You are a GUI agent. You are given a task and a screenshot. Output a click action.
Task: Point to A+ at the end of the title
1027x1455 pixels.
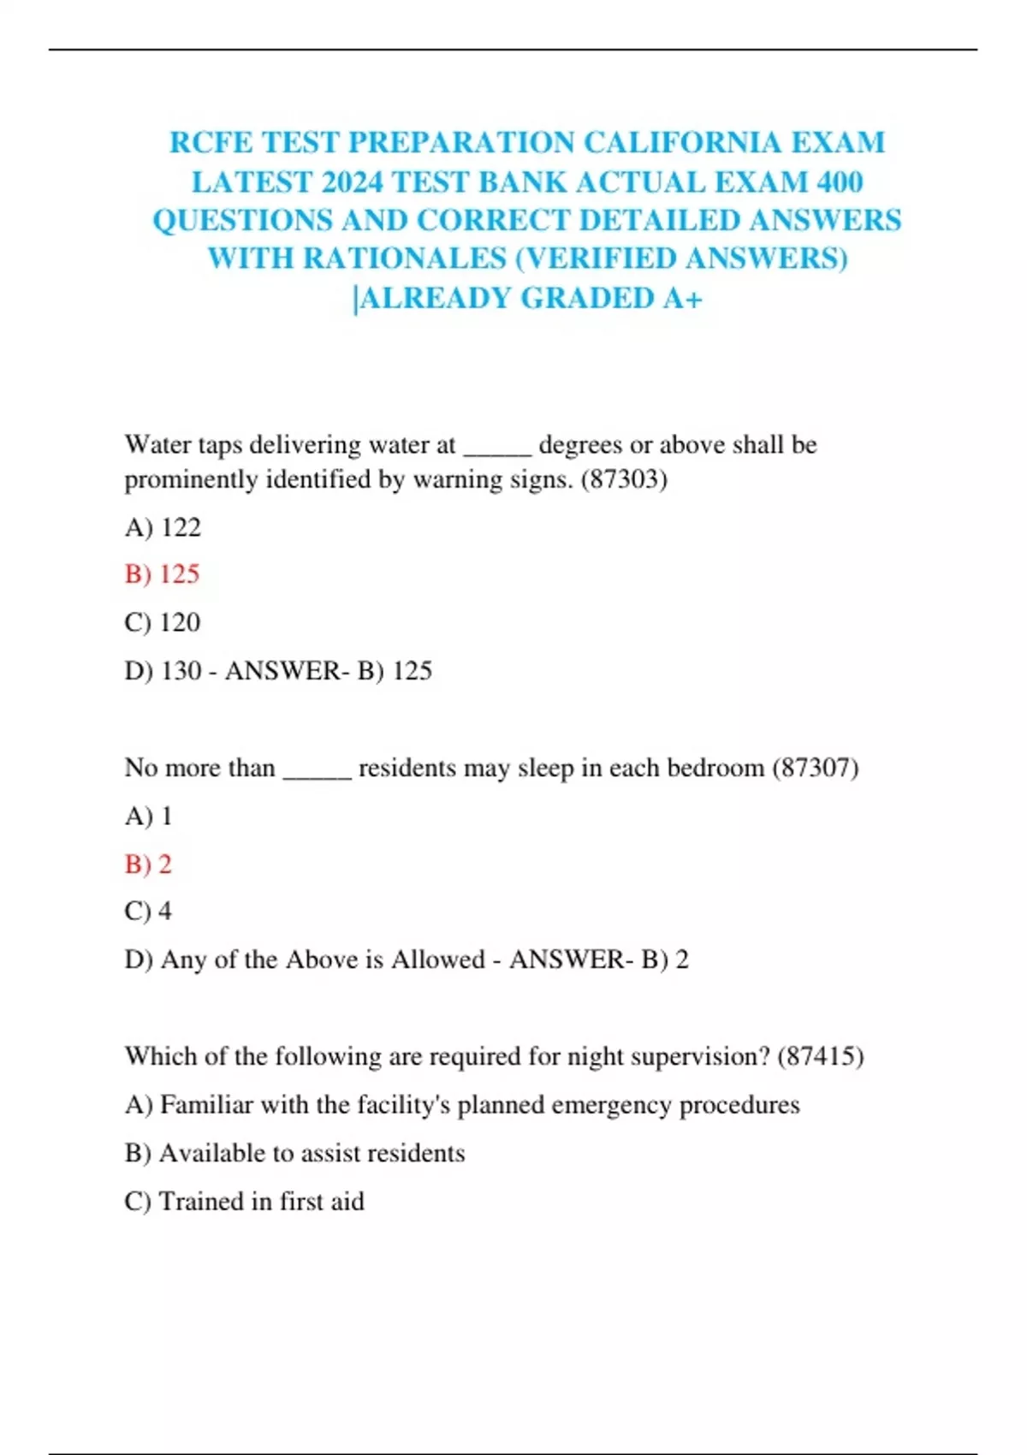pyautogui.click(x=682, y=298)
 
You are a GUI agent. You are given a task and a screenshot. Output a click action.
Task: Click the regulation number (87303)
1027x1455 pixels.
pyautogui.click(x=624, y=479)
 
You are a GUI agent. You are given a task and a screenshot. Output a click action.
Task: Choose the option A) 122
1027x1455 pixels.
pyautogui.click(x=163, y=527)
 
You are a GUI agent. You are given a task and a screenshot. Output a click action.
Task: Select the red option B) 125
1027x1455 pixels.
pyautogui.click(x=162, y=574)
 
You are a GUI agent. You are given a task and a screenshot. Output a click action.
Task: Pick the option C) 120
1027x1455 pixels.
pyautogui.click(x=163, y=622)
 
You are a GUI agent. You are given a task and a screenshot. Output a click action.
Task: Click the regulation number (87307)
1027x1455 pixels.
pyautogui.click(x=815, y=768)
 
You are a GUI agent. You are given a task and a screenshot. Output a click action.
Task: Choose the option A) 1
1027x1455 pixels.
pyautogui.click(x=149, y=816)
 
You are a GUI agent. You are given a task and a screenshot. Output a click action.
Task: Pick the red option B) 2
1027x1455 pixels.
pyautogui.click(x=148, y=864)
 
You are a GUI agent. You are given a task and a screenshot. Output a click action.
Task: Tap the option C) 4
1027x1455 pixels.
pyautogui.click(x=148, y=911)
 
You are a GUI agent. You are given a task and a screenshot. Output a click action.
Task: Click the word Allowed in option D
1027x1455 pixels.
pyautogui.click(x=437, y=959)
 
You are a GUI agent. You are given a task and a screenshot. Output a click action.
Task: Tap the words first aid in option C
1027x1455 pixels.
pyautogui.click(x=322, y=1201)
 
